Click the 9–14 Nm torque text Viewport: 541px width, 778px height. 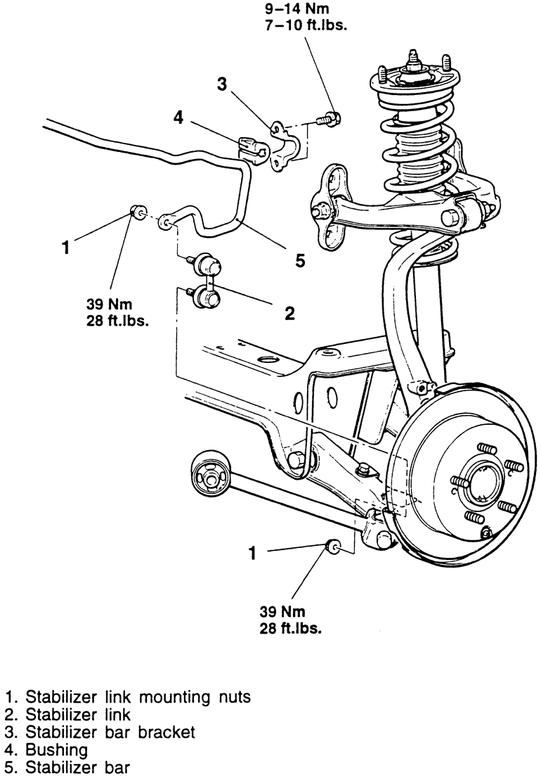coord(296,8)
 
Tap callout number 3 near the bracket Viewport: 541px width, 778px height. coord(223,84)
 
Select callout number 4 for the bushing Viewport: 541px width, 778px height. coord(178,117)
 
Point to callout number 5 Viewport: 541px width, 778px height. coord(300,261)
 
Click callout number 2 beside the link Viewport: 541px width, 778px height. coord(289,312)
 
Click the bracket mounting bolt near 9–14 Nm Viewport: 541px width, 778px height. coord(329,119)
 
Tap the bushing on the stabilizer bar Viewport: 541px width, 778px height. coord(252,148)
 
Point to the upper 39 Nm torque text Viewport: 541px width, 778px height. coord(109,304)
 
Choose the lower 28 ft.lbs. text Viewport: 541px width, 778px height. coord(290,629)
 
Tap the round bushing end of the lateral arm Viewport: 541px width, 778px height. coord(211,479)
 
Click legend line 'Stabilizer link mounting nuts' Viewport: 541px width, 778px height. coord(129,697)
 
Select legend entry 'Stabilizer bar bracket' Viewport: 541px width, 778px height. coord(100,732)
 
